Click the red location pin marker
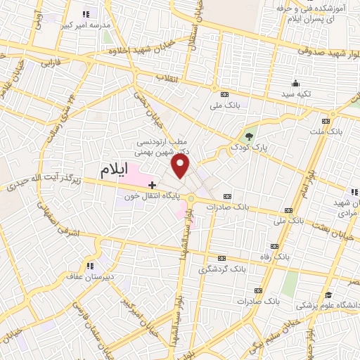coord(181,167)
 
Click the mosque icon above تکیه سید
coord(294,83)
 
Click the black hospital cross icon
coord(152,184)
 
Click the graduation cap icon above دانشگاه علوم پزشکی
coord(328,295)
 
